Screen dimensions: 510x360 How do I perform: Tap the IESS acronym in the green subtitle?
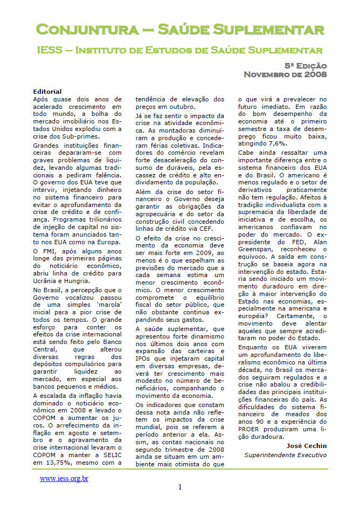pos(50,50)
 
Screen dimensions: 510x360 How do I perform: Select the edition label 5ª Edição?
pos(306,65)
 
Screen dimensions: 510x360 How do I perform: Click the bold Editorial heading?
pos(47,92)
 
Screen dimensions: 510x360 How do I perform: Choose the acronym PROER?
pos(253,429)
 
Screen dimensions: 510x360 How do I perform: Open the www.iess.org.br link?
pos(64,478)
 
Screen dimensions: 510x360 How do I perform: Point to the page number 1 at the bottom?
pos(180,487)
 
